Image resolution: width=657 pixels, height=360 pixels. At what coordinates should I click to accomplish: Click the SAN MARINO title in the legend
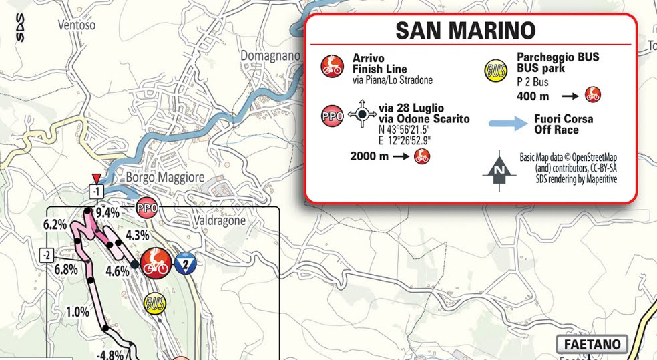pos(465,31)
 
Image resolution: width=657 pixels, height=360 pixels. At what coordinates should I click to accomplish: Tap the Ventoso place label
pos(77,25)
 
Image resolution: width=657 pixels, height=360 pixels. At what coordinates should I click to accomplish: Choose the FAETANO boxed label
pos(592,345)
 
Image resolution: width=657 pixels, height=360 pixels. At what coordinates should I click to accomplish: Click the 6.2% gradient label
pos(55,224)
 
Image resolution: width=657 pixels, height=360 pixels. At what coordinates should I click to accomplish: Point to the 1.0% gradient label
pos(77,311)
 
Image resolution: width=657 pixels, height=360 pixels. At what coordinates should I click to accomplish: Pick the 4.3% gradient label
pos(136,235)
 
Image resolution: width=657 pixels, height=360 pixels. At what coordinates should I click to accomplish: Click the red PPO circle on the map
pos(147,208)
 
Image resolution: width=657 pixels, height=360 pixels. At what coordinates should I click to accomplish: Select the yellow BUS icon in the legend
pos(495,70)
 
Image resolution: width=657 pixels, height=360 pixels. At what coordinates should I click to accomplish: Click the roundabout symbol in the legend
pos(362,114)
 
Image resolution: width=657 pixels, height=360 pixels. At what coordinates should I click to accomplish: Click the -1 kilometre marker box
pos(97,192)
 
